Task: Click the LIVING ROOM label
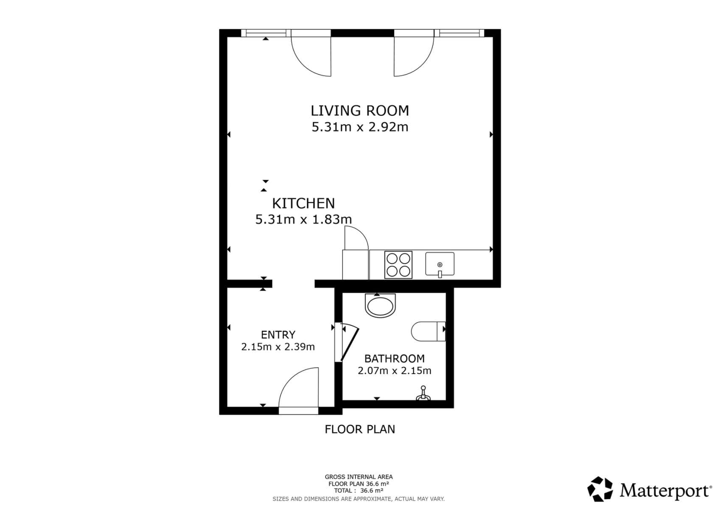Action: coord(360,111)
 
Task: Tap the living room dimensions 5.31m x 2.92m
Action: coord(360,127)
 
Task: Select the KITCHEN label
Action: coord(303,204)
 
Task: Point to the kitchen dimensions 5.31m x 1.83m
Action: coord(303,219)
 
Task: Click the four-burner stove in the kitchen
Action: coord(398,265)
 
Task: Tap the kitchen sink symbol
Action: coord(440,264)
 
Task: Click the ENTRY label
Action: coord(278,335)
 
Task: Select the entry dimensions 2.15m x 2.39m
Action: coord(278,347)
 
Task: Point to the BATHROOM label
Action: coord(394,358)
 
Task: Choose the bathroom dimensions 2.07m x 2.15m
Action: coord(394,371)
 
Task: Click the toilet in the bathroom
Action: coord(428,331)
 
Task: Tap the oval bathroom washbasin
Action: coord(380,305)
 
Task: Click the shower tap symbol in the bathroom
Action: coord(423,394)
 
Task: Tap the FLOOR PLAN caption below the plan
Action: coord(360,429)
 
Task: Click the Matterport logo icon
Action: coord(600,489)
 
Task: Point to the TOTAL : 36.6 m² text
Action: coord(359,491)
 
